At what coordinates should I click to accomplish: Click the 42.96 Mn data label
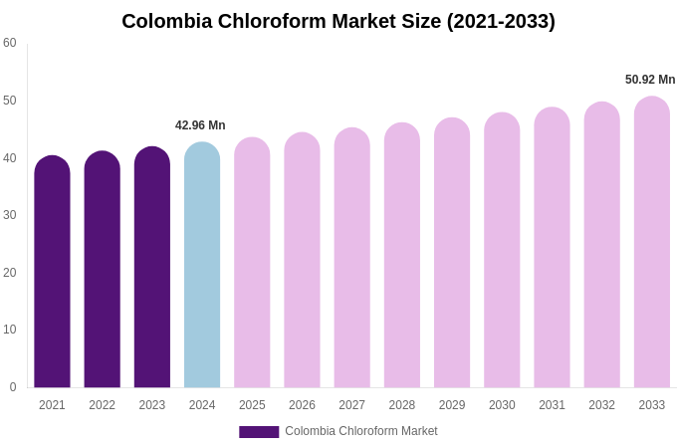tap(200, 125)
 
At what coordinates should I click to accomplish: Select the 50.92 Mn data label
tap(650, 80)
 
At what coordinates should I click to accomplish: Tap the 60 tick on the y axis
tap(10, 43)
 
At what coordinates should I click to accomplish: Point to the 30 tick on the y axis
tap(10, 215)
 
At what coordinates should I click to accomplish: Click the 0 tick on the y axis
tap(13, 387)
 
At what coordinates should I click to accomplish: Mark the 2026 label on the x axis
tap(302, 405)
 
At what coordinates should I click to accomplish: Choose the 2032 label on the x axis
tap(601, 405)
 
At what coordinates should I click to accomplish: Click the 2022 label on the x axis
tap(102, 405)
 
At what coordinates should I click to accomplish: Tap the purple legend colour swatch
tap(259, 432)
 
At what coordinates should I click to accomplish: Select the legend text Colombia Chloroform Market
tap(361, 431)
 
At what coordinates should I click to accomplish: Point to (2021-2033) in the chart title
tap(501, 21)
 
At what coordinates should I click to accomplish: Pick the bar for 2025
tap(252, 263)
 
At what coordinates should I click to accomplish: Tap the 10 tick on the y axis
tap(10, 330)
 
